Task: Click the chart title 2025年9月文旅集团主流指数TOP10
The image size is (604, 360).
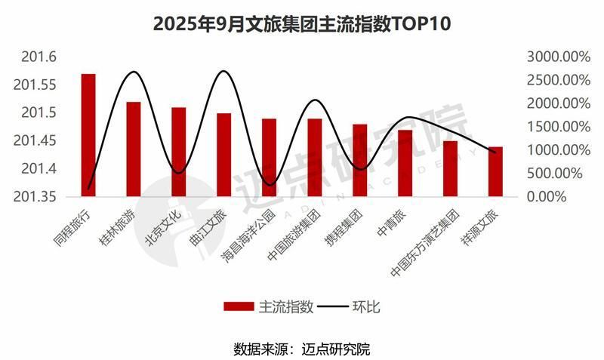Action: tap(301, 23)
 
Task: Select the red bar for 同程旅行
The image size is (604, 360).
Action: tap(88, 136)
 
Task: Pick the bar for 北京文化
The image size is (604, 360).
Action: tap(179, 152)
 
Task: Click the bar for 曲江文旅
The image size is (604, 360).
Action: tap(224, 155)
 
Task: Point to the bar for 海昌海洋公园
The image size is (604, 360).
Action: tap(270, 158)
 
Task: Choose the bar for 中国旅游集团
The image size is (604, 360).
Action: tap(315, 158)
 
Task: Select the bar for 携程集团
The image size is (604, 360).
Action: tap(360, 161)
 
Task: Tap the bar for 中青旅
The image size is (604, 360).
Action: tap(405, 164)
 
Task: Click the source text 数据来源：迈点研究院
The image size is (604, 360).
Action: tap(301, 349)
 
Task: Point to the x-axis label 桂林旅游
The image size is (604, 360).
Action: tap(122, 226)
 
